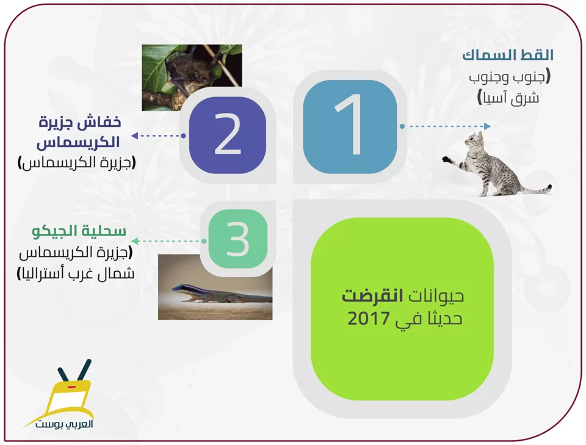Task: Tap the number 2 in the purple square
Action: (228, 134)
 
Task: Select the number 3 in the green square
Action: (237, 239)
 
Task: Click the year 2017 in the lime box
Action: (369, 319)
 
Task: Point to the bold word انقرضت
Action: (372, 296)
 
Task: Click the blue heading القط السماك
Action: (507, 56)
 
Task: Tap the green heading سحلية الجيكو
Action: (79, 231)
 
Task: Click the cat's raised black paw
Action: (447, 159)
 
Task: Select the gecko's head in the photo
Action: (179, 289)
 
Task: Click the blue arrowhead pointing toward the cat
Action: (487, 126)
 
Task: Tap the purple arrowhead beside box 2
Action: (135, 136)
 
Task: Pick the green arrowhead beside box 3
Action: (136, 241)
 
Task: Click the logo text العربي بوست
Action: (64, 424)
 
